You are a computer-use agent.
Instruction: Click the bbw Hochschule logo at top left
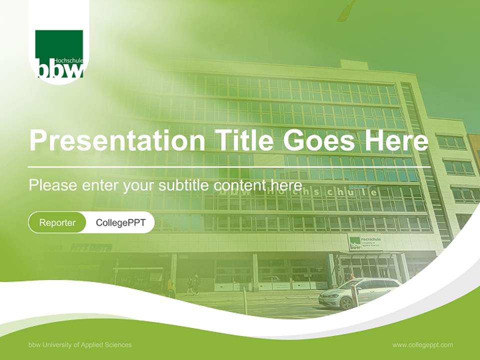(59, 54)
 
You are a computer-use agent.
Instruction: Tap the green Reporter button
(57, 222)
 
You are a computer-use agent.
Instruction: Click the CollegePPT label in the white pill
(120, 222)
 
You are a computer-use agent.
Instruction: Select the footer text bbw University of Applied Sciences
(80, 345)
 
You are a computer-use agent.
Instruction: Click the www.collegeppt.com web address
(422, 345)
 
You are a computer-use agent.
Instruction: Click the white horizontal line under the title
(229, 166)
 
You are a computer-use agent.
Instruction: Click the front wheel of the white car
(345, 302)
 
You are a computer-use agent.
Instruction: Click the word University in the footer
(59, 345)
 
